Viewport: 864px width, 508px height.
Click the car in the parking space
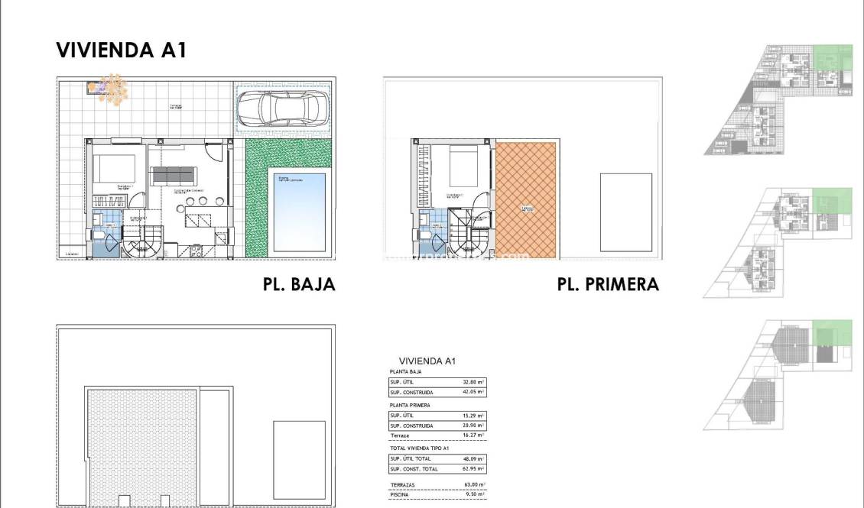pos(282,109)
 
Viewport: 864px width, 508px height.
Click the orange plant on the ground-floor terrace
pos(113,89)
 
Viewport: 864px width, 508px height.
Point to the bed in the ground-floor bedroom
pos(114,169)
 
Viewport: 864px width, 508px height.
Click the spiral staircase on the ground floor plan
pos(140,244)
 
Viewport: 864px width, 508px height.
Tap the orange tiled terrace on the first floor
pos(525,200)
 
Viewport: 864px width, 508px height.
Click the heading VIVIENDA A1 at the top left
pos(122,50)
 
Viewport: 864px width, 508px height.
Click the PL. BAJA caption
pos(298,285)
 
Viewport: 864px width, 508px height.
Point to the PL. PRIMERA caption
pos(608,285)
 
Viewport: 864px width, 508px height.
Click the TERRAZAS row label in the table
pos(403,484)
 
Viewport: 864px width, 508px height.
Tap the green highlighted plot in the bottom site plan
pos(831,333)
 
